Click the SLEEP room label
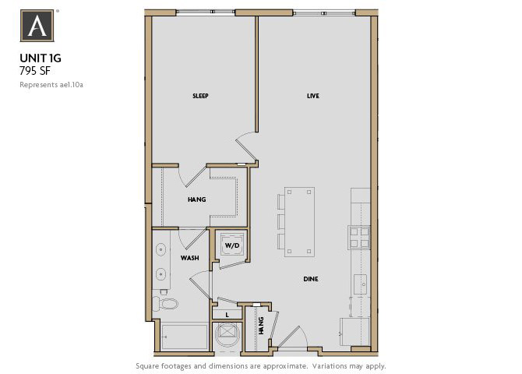click(x=201, y=97)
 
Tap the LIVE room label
click(x=313, y=97)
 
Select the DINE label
click(x=311, y=279)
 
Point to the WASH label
click(x=189, y=257)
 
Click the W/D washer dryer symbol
click(x=232, y=246)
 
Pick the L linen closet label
click(x=227, y=315)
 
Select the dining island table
click(x=300, y=221)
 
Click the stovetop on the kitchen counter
click(x=359, y=236)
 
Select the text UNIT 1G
click(x=40, y=57)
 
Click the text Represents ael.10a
click(x=51, y=84)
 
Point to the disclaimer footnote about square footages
click(x=261, y=365)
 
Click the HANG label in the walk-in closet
click(x=196, y=200)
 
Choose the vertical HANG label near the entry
click(x=262, y=325)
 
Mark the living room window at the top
click(x=324, y=12)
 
